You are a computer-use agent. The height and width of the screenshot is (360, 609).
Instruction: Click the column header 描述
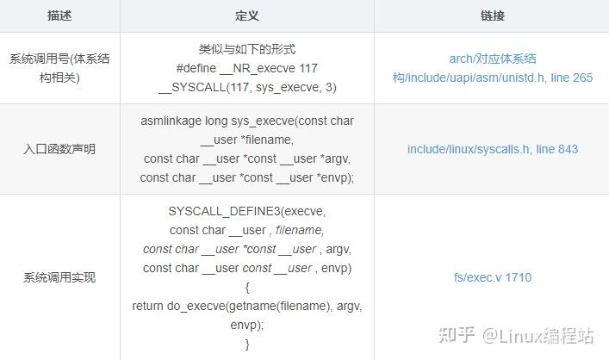coord(59,16)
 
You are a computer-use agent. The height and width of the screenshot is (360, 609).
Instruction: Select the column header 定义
coord(246,16)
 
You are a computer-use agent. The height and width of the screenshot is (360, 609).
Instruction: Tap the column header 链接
coord(492,16)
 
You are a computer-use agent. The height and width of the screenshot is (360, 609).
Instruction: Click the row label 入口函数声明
coord(59,149)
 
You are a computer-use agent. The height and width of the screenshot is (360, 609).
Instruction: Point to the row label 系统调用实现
coord(59,277)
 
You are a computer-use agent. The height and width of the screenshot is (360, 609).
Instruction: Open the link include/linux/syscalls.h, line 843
coord(493,149)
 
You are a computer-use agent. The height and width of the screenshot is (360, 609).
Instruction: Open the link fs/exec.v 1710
coord(493,277)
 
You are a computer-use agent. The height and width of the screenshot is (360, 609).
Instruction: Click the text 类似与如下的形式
coord(246,49)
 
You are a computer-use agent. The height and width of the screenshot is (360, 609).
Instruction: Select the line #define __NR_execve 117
coord(246,68)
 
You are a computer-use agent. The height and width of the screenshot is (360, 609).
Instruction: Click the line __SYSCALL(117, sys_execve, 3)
coord(246,87)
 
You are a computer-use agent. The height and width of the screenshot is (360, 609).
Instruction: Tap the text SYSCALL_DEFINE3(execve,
coord(246,211)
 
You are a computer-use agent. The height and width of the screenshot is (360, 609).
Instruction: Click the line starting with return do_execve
coord(246,306)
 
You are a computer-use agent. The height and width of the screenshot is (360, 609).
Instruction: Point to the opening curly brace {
coord(246,287)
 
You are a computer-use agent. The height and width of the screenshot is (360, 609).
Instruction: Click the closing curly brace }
coord(246,344)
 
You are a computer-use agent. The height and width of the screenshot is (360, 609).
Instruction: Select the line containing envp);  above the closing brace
coord(246,325)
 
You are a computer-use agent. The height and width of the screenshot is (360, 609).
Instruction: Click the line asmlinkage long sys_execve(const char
coord(246,121)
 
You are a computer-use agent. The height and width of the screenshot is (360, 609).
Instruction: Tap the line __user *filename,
coord(246,140)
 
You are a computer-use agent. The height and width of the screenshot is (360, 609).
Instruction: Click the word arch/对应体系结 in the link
coord(493,59)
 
